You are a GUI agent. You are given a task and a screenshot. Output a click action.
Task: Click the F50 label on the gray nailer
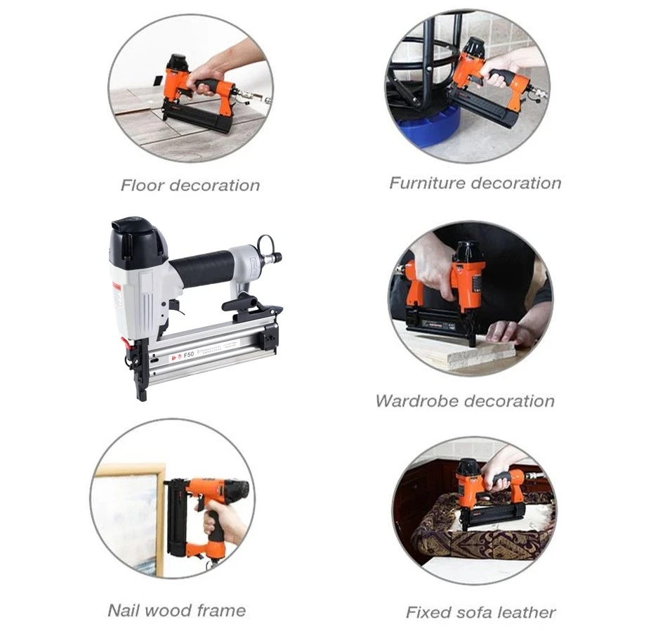coord(188,355)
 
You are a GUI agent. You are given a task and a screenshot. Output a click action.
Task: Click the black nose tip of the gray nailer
coord(142,393)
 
